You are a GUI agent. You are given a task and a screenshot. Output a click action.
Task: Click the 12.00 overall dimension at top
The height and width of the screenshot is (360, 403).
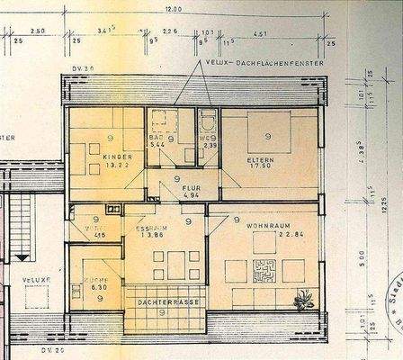point(173,9)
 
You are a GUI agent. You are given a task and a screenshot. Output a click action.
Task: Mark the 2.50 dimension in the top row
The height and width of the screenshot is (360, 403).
point(37,31)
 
